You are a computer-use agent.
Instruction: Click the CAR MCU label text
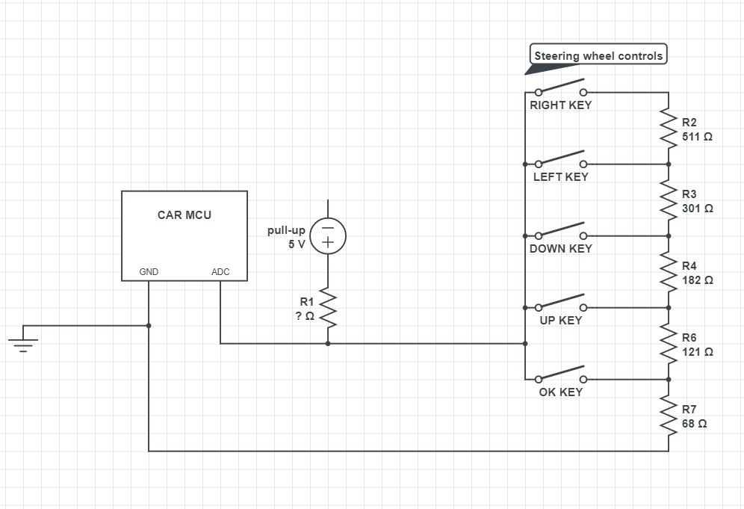click(184, 215)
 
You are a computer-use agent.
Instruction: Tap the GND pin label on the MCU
click(149, 272)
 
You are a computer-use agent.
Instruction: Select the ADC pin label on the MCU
click(220, 272)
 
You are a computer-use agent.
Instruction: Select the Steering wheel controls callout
click(598, 56)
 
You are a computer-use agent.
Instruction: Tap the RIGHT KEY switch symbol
click(560, 87)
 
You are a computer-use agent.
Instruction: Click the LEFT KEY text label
click(560, 177)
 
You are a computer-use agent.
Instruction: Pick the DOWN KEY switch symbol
click(560, 231)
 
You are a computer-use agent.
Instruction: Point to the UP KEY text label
click(560, 321)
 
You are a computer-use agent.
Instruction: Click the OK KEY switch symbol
click(560, 374)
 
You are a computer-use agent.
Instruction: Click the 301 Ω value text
click(697, 209)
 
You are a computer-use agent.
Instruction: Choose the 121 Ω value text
click(697, 351)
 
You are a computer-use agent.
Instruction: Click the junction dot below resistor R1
click(327, 344)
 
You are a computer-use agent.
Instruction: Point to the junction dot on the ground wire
click(149, 325)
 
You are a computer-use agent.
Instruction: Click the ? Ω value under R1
click(304, 316)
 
